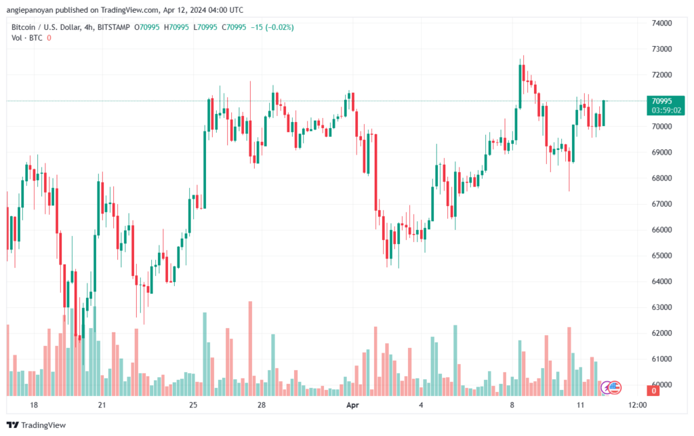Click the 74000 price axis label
(x=661, y=23)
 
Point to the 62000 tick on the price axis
(x=661, y=333)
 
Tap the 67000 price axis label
(x=661, y=204)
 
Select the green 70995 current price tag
(x=666, y=106)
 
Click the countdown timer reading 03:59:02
(x=666, y=111)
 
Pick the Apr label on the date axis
(x=352, y=405)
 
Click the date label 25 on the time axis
(x=193, y=405)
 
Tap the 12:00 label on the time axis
(x=637, y=405)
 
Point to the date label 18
(x=34, y=405)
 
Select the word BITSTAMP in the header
(x=113, y=27)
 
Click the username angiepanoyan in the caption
(x=30, y=9)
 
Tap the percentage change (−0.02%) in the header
(x=280, y=27)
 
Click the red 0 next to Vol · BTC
(x=49, y=38)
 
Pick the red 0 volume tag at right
(x=653, y=391)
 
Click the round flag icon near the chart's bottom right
(x=614, y=388)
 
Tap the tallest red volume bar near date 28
(x=251, y=349)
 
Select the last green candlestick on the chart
(x=604, y=113)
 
